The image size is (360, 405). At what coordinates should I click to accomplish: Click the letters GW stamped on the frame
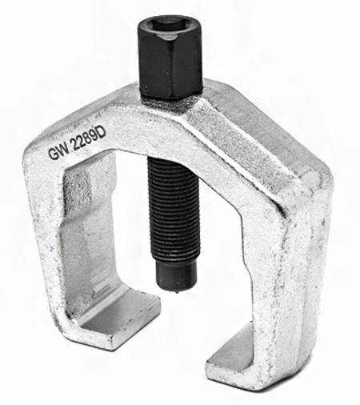point(58,152)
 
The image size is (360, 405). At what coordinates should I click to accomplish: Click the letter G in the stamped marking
point(53,154)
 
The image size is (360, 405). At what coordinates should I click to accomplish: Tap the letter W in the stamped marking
point(63,150)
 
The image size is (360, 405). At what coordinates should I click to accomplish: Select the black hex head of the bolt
point(170,57)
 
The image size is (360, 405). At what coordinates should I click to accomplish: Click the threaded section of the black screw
point(174,208)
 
